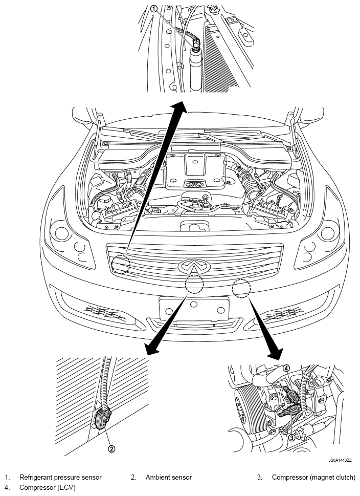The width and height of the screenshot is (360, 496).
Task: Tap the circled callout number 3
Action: coord(291,437)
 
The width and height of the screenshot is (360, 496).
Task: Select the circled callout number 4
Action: coord(286,368)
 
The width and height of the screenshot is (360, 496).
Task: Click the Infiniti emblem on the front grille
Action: coord(189,266)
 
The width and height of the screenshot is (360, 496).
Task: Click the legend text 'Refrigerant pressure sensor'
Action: coord(60,477)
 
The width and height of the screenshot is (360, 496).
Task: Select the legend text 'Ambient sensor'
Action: coord(168,477)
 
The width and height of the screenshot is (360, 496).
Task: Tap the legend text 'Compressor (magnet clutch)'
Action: coord(313,477)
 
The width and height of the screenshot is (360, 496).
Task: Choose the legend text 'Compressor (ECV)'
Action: coord(48,487)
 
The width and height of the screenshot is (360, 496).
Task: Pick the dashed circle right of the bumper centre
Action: coord(241,289)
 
